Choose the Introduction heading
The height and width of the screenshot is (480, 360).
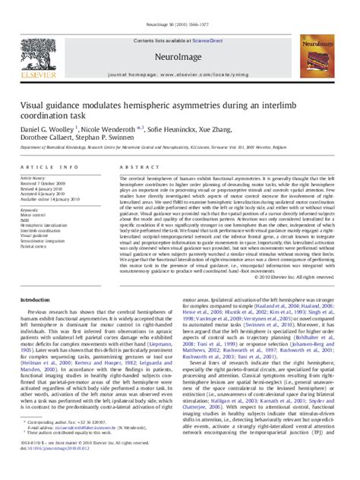click(37, 301)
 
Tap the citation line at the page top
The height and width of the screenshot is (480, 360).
click(180, 7)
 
